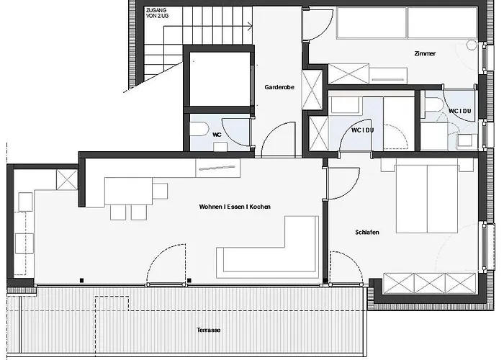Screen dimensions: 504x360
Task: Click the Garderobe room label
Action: tap(279, 87)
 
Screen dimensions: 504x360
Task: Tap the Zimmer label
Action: tap(425, 54)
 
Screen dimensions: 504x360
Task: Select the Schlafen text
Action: tap(367, 232)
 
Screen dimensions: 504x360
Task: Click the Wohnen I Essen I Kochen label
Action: tap(235, 207)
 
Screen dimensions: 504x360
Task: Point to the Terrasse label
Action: tap(209, 330)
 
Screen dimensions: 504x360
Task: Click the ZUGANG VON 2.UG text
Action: tap(157, 13)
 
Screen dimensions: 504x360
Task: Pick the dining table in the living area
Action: tap(129, 191)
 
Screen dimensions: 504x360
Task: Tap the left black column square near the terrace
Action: tap(81, 281)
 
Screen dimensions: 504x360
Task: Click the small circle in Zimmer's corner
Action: tap(472, 45)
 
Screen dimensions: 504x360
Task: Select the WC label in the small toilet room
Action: tap(217, 135)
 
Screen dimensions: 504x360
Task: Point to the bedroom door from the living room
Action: tap(343, 183)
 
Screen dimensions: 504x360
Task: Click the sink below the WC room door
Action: tap(220, 147)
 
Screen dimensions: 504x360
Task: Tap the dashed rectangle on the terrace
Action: tap(112, 304)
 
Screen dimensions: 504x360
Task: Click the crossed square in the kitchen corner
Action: tap(67, 180)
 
